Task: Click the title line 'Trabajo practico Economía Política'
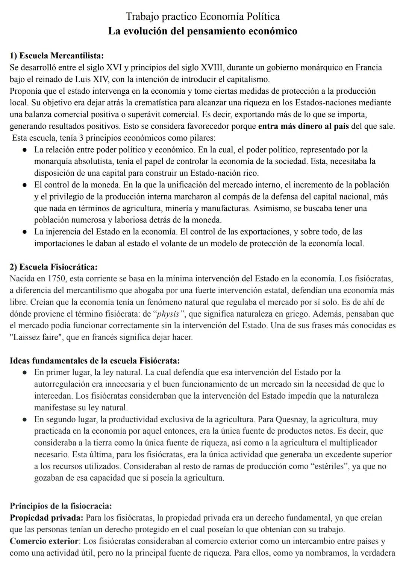203,17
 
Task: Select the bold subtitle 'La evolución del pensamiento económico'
203,31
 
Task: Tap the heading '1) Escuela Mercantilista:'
57,56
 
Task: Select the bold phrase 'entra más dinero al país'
304,126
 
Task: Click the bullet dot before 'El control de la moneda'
24,185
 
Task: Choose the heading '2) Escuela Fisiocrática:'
54,267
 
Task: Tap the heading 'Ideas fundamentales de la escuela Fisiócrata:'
95,361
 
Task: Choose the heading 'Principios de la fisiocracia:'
61,506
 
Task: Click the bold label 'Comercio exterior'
44,542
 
